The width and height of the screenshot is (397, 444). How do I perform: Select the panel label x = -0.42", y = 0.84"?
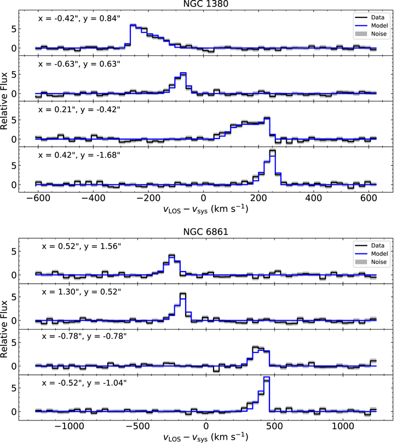point(79,18)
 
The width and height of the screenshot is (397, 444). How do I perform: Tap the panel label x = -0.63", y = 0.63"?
point(79,64)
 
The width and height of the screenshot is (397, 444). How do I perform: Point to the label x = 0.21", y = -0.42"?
point(79,109)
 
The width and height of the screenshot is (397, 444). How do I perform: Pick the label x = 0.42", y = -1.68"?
point(79,154)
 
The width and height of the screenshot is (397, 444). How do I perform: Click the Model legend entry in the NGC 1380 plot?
point(367,25)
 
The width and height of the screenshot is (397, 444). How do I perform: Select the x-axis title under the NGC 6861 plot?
point(206,437)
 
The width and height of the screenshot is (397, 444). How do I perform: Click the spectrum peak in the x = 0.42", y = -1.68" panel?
point(272,151)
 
